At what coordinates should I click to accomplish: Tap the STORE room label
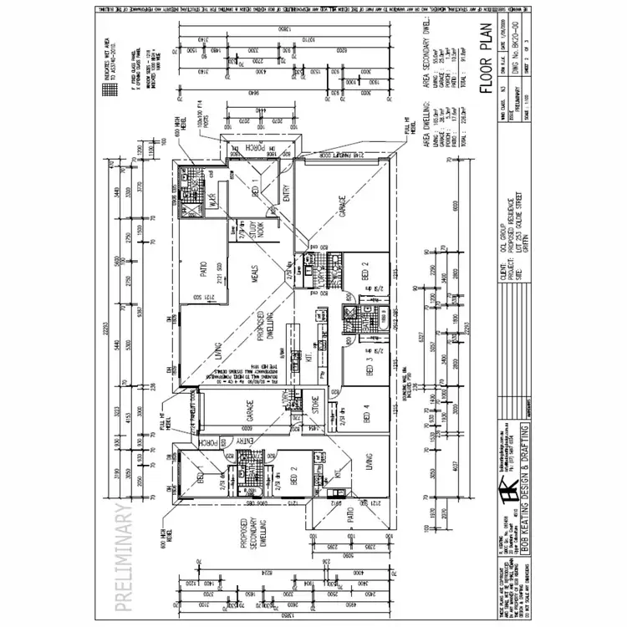click(x=315, y=403)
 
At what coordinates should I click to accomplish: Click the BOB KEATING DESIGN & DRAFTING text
click(x=522, y=502)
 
